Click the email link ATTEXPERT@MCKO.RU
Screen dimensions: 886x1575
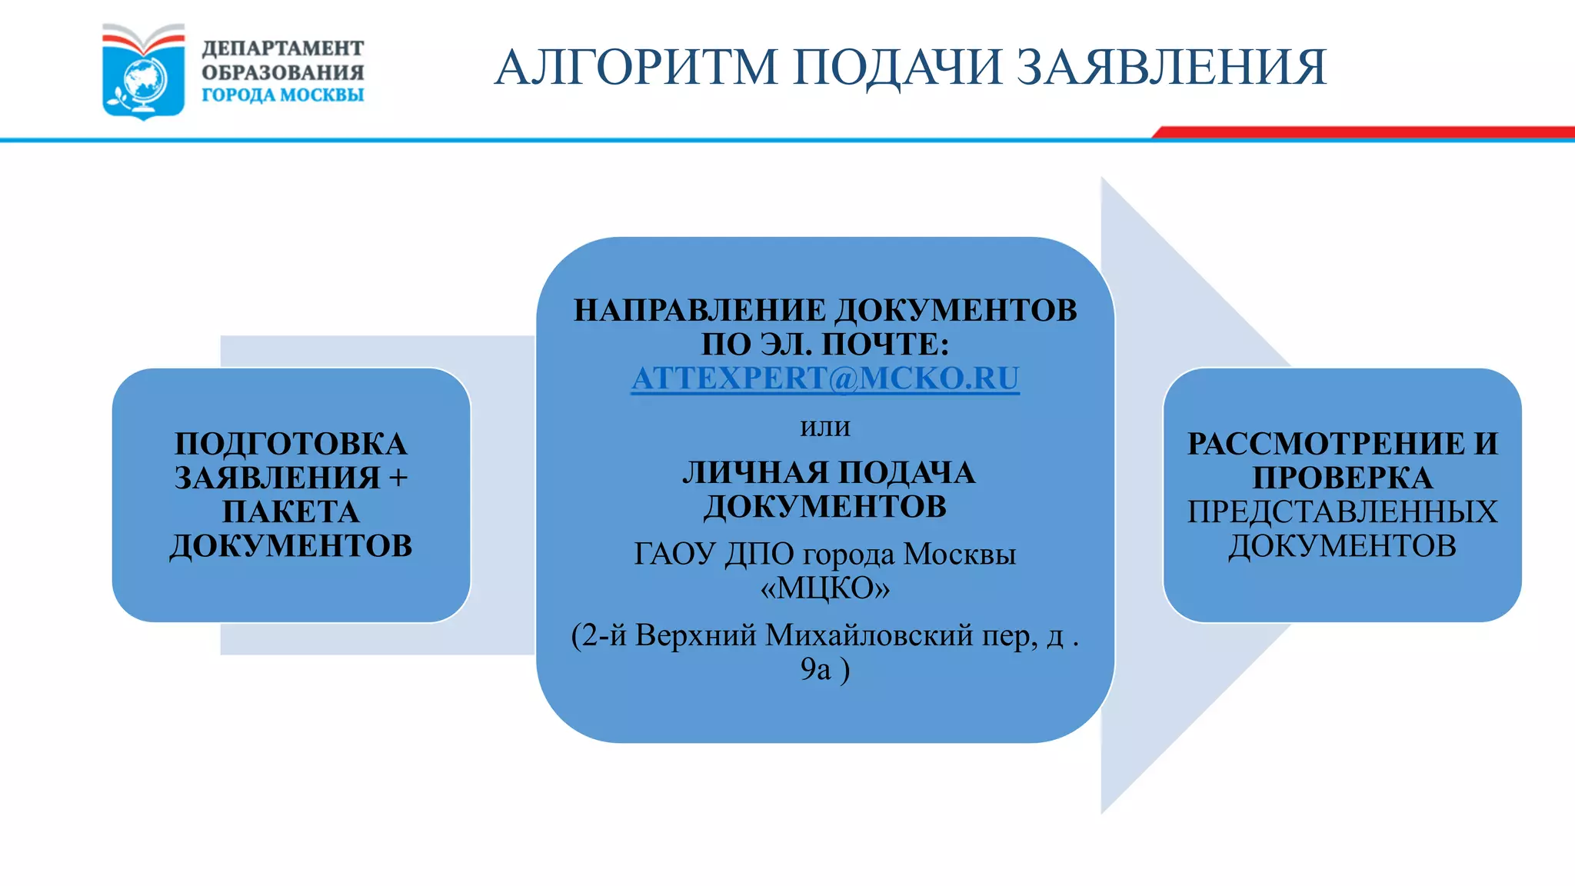pyautogui.click(x=824, y=378)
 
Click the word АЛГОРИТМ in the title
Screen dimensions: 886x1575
pyautogui.click(x=636, y=67)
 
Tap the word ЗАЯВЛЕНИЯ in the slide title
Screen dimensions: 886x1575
pyautogui.click(x=1171, y=67)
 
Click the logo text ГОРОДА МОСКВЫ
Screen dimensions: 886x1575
pyautogui.click(x=282, y=95)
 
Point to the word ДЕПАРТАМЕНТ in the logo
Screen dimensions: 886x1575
pyautogui.click(x=282, y=48)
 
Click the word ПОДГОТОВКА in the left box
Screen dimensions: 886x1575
pyautogui.click(x=291, y=445)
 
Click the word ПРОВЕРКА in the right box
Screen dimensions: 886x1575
pyautogui.click(x=1342, y=478)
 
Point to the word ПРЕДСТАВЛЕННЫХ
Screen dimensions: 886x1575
pyautogui.click(x=1342, y=512)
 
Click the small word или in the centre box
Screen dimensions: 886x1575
pyautogui.click(x=824, y=427)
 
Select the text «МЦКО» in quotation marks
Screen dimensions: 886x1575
pyautogui.click(x=824, y=588)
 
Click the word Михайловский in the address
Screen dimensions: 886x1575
pyautogui.click(x=869, y=635)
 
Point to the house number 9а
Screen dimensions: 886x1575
pyautogui.click(x=815, y=669)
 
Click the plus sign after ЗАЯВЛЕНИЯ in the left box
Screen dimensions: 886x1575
pyautogui.click(x=398, y=478)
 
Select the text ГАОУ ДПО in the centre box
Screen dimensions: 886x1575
pyautogui.click(x=713, y=555)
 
